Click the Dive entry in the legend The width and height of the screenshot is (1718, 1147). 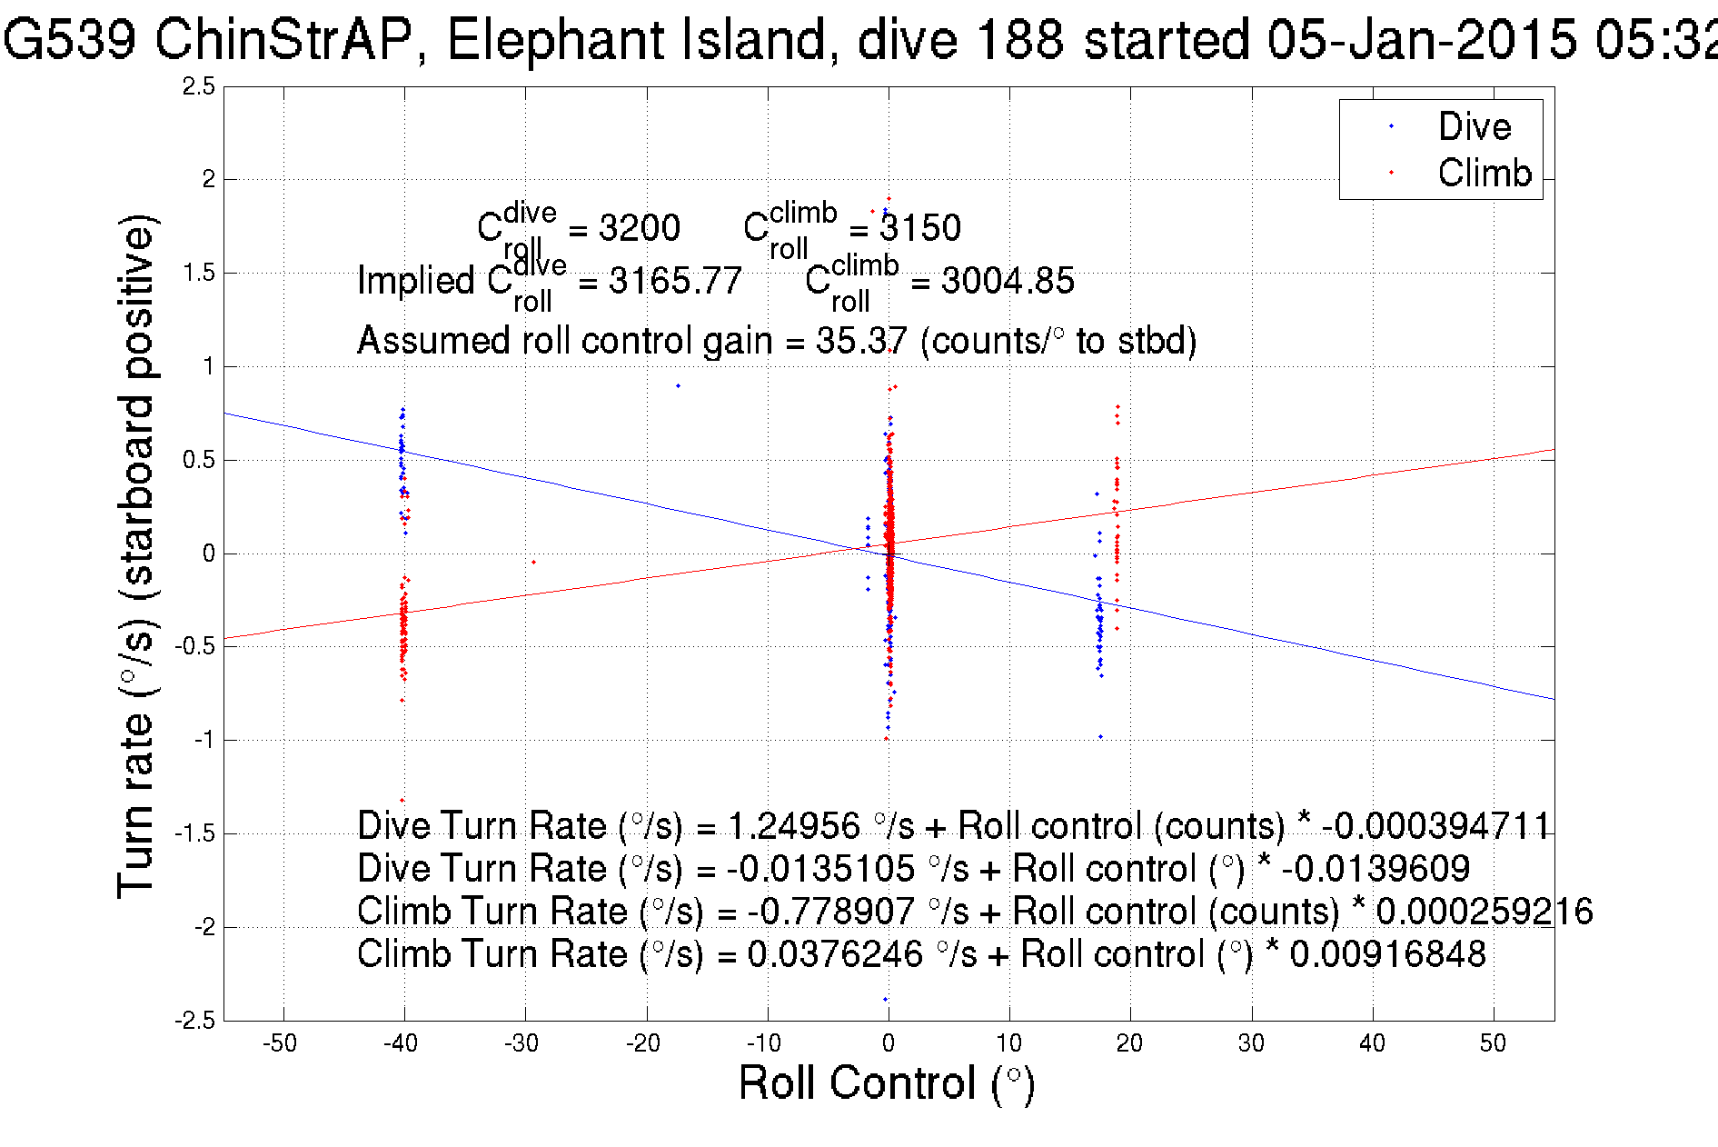[x=1474, y=126]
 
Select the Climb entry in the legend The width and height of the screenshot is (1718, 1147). [x=1484, y=173]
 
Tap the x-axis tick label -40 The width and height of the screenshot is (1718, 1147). [x=400, y=1043]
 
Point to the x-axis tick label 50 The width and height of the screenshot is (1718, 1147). [x=1493, y=1043]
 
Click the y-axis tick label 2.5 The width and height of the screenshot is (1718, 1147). [x=198, y=86]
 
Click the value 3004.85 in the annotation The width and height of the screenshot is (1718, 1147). [x=1007, y=281]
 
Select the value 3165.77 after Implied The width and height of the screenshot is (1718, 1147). [x=675, y=281]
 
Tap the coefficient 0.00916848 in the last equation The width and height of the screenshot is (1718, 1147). [x=1387, y=954]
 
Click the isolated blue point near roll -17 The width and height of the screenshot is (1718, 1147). [x=678, y=386]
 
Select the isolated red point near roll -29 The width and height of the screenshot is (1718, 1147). [x=533, y=563]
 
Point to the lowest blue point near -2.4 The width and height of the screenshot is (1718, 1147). [x=885, y=1000]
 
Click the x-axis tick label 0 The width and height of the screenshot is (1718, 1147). [x=888, y=1043]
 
